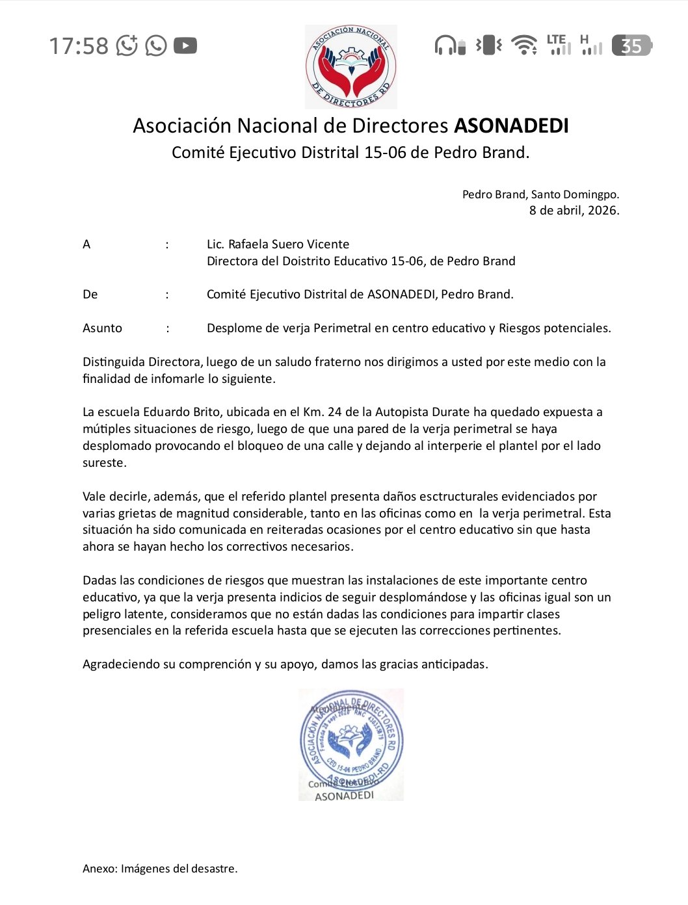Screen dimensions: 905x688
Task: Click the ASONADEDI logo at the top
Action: coord(351,67)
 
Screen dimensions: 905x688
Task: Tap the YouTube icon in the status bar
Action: coord(185,46)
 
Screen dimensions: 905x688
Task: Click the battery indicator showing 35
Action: coord(631,46)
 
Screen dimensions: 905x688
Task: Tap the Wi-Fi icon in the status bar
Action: coord(523,45)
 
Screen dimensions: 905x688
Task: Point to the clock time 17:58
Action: coord(79,46)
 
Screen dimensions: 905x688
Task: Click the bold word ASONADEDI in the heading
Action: coord(511,125)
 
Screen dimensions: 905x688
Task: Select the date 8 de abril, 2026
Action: coord(574,210)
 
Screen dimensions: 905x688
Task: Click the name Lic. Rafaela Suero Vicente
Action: coord(278,244)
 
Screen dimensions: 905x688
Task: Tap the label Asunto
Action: coord(102,328)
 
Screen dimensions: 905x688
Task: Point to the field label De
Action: coord(90,295)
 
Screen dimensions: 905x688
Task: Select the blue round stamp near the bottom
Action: coord(351,743)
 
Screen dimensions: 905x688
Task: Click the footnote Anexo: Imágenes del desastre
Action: coord(160,869)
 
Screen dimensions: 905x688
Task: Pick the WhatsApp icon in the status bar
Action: coord(156,46)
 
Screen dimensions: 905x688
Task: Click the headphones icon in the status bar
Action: coord(449,46)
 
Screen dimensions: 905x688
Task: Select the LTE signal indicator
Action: coord(559,45)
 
